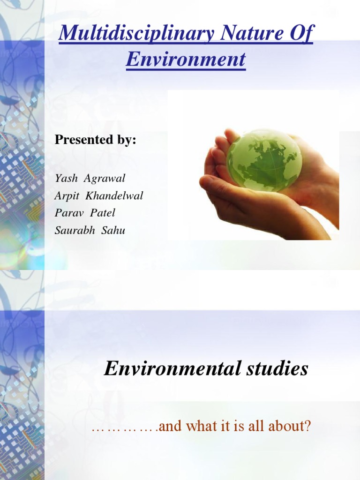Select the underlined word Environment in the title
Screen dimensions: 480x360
point(186,60)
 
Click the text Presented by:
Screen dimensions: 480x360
point(96,140)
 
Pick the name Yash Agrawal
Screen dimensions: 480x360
point(90,179)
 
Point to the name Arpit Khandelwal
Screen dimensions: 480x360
point(99,196)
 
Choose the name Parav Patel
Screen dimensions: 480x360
point(85,213)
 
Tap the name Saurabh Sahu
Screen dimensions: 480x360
point(90,230)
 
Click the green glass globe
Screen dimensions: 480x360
point(264,159)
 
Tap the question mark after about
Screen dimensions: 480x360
point(307,427)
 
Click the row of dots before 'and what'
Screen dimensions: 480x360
point(124,427)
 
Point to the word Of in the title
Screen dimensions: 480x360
point(303,34)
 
